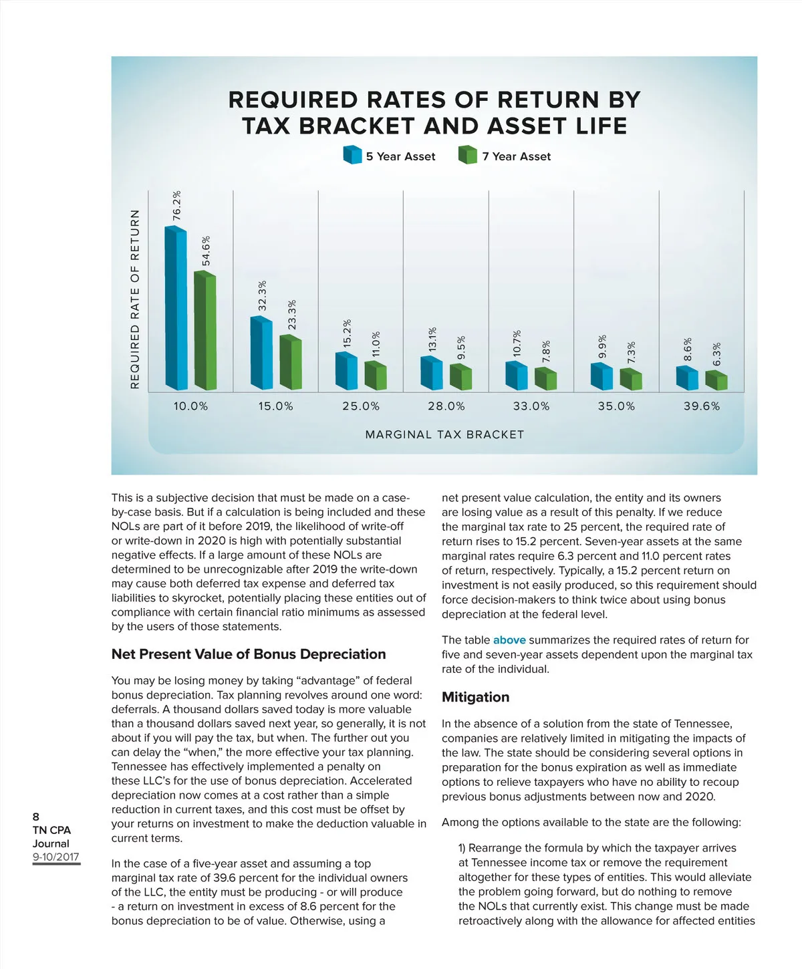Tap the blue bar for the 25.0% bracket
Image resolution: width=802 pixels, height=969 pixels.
pyautogui.click(x=346, y=372)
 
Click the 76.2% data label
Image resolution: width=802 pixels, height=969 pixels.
pyautogui.click(x=177, y=206)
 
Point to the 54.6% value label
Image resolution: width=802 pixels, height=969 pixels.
pyautogui.click(x=207, y=251)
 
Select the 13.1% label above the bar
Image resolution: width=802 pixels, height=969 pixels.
pyautogui.click(x=432, y=339)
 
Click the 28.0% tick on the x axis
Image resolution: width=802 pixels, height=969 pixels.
pyautogui.click(x=446, y=406)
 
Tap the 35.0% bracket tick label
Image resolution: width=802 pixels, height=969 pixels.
pyautogui.click(x=616, y=406)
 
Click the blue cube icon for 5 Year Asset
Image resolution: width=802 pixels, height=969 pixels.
pyautogui.click(x=352, y=155)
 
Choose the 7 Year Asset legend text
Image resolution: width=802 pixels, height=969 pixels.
pyautogui.click(x=517, y=156)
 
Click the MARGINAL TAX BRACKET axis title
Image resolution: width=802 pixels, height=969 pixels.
pyautogui.click(x=444, y=434)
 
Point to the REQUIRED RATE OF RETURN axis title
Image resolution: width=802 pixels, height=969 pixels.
pyautogui.click(x=136, y=299)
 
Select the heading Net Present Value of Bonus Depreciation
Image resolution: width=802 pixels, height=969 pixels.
pyautogui.click(x=249, y=654)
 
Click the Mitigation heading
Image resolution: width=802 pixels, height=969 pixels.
pyautogui.click(x=475, y=697)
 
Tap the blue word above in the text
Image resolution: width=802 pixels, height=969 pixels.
pyautogui.click(x=509, y=640)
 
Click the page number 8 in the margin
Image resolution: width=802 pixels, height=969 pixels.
pyautogui.click(x=36, y=817)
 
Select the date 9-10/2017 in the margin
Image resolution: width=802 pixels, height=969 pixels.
pyautogui.click(x=56, y=857)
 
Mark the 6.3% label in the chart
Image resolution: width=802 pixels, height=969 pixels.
pyautogui.click(x=717, y=354)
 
